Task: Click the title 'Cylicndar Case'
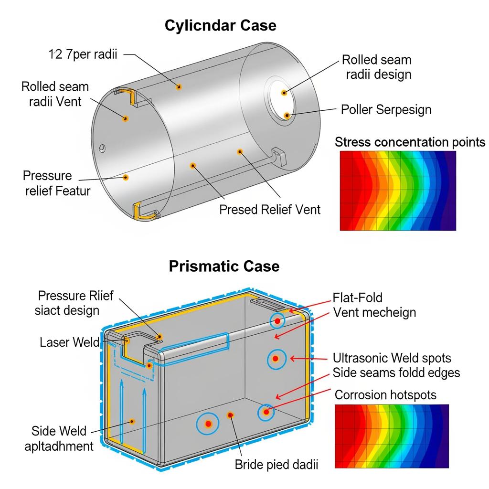(x=220, y=25)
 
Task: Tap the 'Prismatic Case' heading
(x=224, y=266)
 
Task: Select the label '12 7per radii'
(x=83, y=54)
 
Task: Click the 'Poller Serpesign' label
(x=386, y=109)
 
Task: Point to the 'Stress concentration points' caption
(x=410, y=142)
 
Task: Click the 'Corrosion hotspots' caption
(x=385, y=395)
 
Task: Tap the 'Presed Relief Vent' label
(x=270, y=209)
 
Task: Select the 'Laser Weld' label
(x=70, y=342)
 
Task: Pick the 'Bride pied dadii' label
(x=276, y=464)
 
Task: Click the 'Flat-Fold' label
(x=358, y=298)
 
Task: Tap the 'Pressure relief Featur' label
(x=56, y=183)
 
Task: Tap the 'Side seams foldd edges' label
(x=396, y=372)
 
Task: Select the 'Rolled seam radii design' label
(x=376, y=67)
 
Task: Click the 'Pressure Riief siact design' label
(x=75, y=303)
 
